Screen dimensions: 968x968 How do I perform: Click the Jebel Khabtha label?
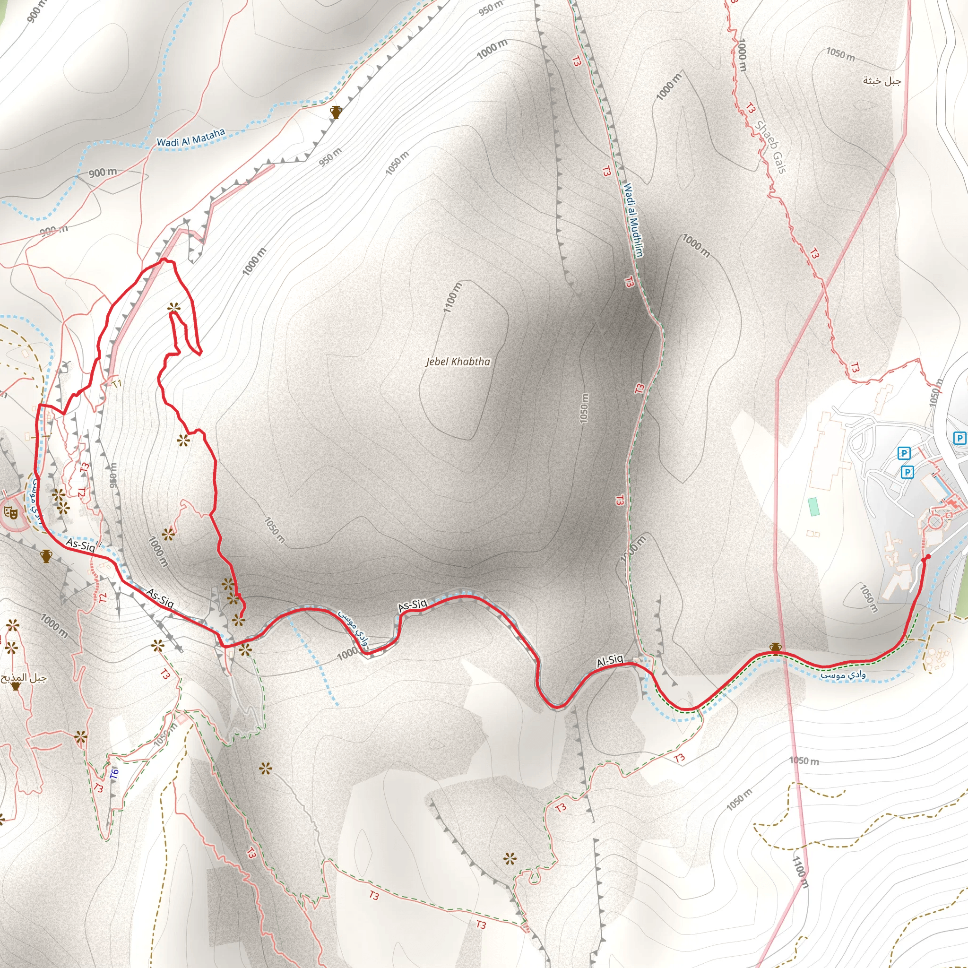click(x=458, y=362)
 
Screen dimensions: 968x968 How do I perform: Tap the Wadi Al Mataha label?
click(x=191, y=137)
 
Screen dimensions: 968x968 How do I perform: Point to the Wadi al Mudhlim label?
click(x=633, y=220)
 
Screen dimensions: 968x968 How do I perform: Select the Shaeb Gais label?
click(x=770, y=147)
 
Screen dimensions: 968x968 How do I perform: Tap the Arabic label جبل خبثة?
click(x=882, y=81)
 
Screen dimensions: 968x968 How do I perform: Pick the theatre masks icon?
click(x=9, y=512)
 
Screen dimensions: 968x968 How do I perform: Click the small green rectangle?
click(x=813, y=507)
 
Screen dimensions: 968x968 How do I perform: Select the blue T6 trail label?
click(x=114, y=774)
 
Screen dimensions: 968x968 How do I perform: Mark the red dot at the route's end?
click(x=928, y=557)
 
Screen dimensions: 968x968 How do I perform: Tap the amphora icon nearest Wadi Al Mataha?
click(x=336, y=112)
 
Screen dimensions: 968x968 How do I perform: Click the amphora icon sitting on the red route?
click(x=776, y=649)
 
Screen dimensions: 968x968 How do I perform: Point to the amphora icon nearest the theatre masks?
click(x=46, y=556)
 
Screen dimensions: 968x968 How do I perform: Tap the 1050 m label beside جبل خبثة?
click(x=840, y=54)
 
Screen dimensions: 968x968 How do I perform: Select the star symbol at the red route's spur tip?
click(x=174, y=308)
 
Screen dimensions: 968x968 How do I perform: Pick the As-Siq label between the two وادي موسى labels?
click(x=412, y=605)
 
